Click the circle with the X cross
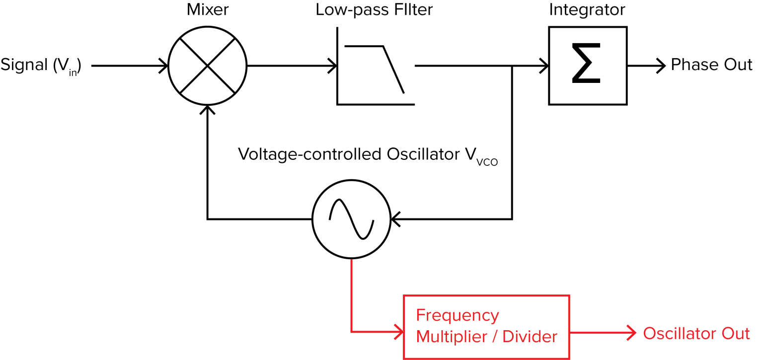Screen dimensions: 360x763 (x=208, y=66)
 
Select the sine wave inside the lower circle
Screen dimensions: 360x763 (x=351, y=219)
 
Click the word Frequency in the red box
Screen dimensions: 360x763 (x=457, y=316)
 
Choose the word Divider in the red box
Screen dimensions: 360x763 (x=530, y=337)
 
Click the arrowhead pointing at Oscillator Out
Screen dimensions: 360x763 (x=632, y=333)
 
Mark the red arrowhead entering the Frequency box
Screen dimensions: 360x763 (x=398, y=332)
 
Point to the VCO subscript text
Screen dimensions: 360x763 (x=487, y=162)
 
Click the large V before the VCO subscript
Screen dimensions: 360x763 (x=470, y=154)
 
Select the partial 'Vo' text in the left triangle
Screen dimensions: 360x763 (x=246, y=154)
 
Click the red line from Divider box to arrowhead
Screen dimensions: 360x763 (x=599, y=333)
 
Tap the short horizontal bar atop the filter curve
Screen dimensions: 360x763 (x=356, y=47)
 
